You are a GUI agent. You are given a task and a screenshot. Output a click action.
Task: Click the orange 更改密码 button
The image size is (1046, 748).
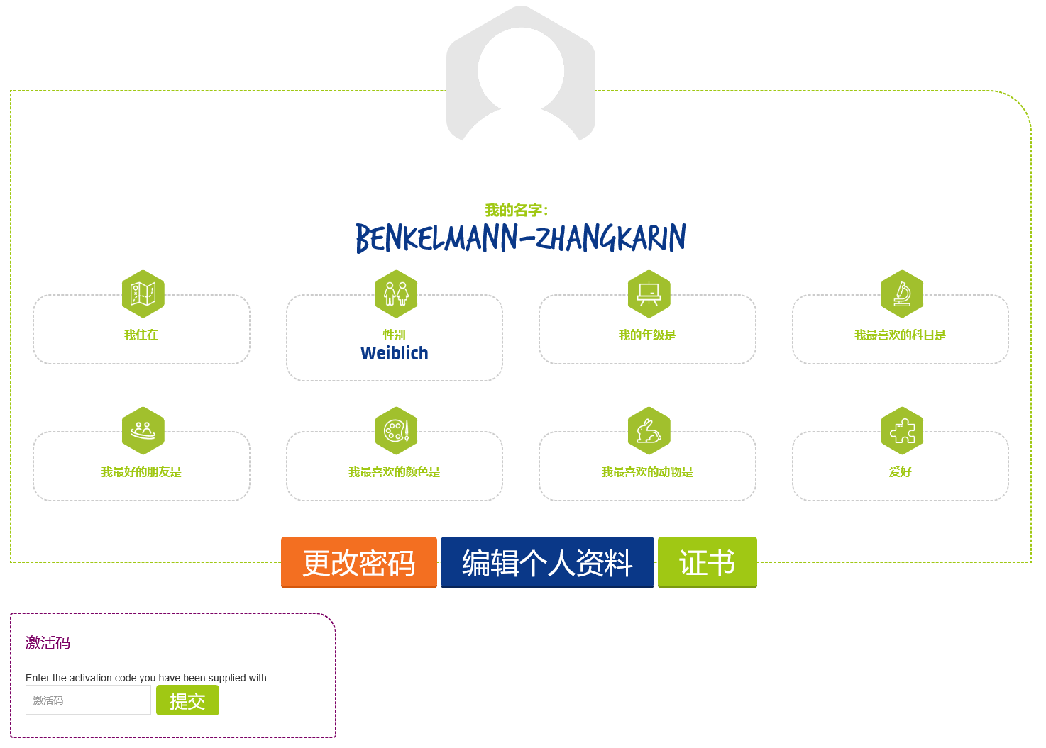[x=358, y=562]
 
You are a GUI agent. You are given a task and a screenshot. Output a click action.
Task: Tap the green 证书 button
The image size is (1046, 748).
[x=707, y=562]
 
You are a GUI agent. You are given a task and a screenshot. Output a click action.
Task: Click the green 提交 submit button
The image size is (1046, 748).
[x=187, y=700]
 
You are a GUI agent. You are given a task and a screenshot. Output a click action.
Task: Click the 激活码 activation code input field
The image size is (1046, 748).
[x=88, y=700]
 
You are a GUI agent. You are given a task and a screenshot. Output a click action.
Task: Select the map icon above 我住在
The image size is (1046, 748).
[x=143, y=294]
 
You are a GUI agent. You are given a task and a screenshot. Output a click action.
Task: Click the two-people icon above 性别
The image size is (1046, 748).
[x=396, y=294]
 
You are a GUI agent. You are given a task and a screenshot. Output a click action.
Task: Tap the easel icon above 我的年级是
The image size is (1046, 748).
[x=649, y=294]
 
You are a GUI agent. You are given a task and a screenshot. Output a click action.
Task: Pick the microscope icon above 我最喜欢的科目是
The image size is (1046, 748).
[x=902, y=294]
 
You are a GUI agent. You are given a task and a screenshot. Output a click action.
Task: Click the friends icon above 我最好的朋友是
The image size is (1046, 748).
[x=143, y=430]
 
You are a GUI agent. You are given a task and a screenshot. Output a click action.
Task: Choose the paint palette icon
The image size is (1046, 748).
[x=396, y=430]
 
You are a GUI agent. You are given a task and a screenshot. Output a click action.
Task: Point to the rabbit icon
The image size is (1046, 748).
[x=649, y=430]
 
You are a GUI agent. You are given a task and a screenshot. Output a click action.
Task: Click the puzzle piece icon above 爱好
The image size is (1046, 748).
[x=902, y=430]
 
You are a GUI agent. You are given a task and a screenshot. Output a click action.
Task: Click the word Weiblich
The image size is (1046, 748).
[x=395, y=353]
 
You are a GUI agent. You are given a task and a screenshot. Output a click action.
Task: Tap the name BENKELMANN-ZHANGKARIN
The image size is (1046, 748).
[x=520, y=238]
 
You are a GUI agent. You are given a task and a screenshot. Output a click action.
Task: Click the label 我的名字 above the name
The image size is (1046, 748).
[x=517, y=211]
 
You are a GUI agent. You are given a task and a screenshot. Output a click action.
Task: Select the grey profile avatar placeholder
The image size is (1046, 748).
[x=521, y=74]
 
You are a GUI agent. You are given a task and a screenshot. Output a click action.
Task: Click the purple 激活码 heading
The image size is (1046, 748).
[x=48, y=643]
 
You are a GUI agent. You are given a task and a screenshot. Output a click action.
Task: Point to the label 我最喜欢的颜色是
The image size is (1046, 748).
[x=395, y=472]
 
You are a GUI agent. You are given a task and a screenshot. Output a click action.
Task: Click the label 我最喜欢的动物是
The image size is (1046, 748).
[x=647, y=472]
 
